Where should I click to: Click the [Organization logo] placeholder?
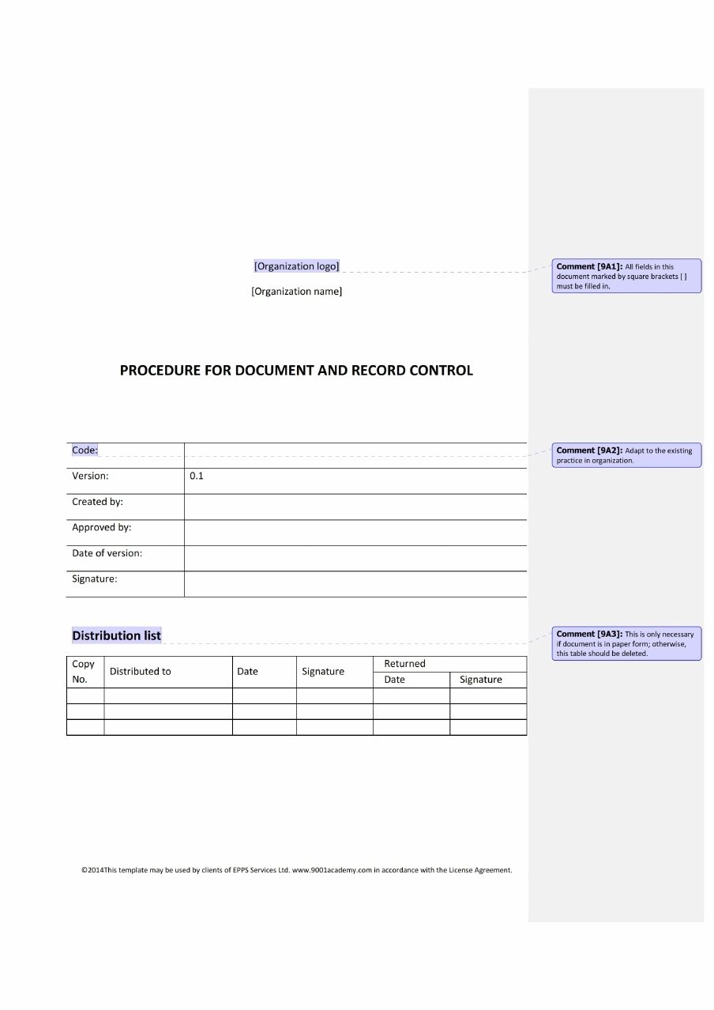(x=296, y=266)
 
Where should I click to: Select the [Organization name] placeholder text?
(x=296, y=292)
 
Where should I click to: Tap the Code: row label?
(x=85, y=450)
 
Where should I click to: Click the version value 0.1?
(x=197, y=477)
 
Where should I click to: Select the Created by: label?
(x=97, y=502)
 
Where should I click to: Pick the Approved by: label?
(x=101, y=528)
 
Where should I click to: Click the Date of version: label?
(x=107, y=553)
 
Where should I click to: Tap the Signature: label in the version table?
(x=94, y=579)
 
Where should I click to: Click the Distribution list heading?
(x=116, y=635)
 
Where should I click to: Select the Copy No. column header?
(x=83, y=672)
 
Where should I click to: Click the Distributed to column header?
(x=140, y=672)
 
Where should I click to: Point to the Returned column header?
(x=404, y=664)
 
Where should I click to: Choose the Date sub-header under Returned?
(x=394, y=680)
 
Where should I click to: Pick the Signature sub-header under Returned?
(x=480, y=680)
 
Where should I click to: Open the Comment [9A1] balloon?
(x=626, y=276)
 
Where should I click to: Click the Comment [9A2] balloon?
(x=626, y=455)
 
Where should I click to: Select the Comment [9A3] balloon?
(x=626, y=643)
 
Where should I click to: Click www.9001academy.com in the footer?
(x=332, y=870)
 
